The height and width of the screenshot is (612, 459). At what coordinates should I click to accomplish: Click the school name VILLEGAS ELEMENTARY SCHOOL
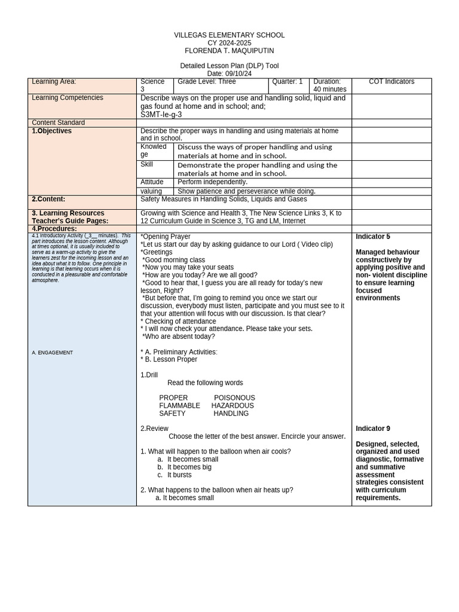pos(229,35)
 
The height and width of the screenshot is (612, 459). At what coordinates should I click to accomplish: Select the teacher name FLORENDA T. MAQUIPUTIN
pos(229,51)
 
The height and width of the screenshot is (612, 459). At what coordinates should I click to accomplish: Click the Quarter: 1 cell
pos(288,82)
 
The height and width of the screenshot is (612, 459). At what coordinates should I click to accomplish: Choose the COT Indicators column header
pos(391,82)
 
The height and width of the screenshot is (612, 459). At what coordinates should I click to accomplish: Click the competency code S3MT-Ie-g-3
pos(161,114)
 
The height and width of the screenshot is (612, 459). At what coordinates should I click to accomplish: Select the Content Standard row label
pos(58,123)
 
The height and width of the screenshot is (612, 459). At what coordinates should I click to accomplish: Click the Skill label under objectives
pos(147,164)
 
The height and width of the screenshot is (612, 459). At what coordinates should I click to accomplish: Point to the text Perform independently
pos(212,182)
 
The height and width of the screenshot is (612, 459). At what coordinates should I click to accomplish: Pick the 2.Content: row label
pos(48,199)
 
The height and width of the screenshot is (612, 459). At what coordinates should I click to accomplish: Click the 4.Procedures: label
pos(54,229)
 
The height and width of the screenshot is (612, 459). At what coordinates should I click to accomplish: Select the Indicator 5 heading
pos(373,237)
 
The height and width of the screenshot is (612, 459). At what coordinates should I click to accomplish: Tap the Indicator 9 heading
pos(373,429)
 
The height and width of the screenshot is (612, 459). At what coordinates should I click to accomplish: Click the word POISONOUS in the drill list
pos(234,398)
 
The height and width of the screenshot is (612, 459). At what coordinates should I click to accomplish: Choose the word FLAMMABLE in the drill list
pos(179,406)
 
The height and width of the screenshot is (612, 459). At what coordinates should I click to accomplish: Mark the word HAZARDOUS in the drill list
pos(232,406)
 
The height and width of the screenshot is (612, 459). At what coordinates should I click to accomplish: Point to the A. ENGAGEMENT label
pos(52,353)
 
